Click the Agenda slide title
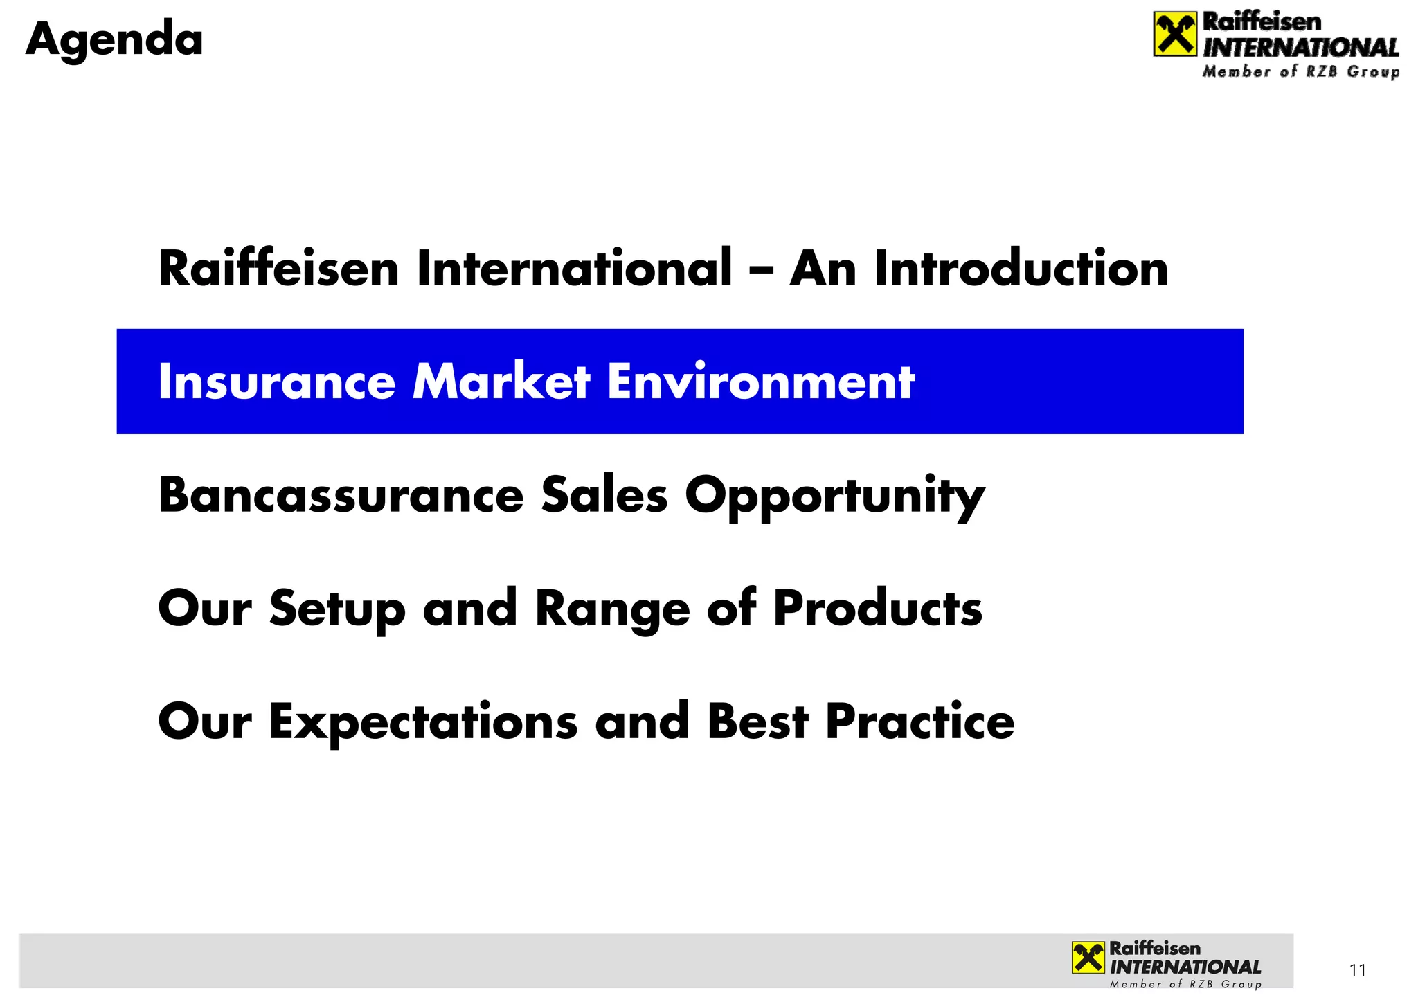click(114, 40)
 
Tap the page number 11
click(1358, 970)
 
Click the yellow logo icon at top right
click(1175, 35)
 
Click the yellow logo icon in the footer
click(1088, 958)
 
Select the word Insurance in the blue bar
click(276, 382)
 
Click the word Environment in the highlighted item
click(760, 382)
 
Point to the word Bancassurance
click(341, 496)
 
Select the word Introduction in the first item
click(1021, 269)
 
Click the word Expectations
click(423, 722)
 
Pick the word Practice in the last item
click(920, 722)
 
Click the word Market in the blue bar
click(501, 382)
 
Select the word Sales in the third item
click(604, 496)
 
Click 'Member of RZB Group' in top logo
click(1300, 72)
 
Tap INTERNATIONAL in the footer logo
click(1185, 967)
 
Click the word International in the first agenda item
click(574, 269)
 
